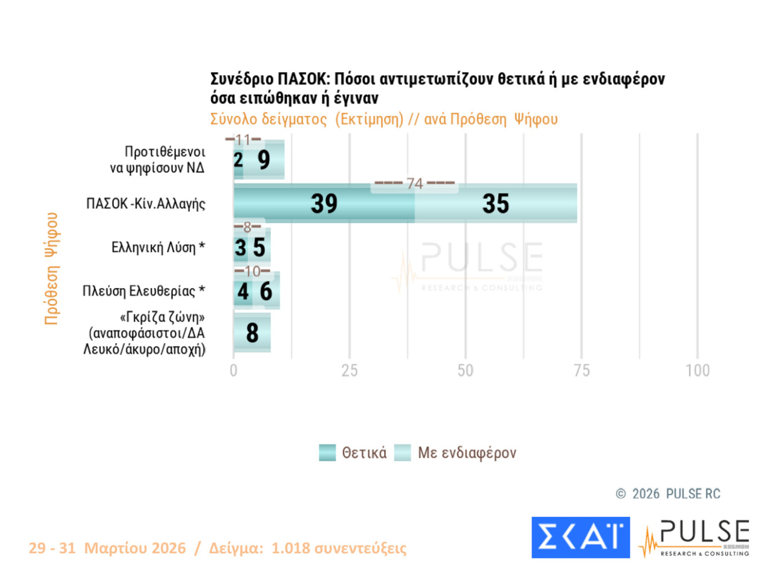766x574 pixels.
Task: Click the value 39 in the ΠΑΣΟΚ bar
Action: [x=324, y=204]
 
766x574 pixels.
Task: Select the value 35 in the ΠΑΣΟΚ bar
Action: [x=496, y=204]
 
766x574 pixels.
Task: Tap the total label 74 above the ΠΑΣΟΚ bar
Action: [x=415, y=183]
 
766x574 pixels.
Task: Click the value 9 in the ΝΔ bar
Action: [x=264, y=160]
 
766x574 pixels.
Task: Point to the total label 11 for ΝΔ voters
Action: [x=243, y=140]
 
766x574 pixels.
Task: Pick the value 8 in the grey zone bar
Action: [x=252, y=333]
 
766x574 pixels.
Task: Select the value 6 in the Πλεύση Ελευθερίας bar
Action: [x=266, y=292]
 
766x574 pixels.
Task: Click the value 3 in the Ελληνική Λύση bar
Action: [x=241, y=248]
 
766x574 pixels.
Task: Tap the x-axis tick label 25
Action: [x=349, y=371]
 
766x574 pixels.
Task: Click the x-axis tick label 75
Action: [x=581, y=371]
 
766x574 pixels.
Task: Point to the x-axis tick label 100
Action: [x=697, y=371]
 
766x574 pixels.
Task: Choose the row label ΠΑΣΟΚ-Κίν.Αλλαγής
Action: [x=145, y=204]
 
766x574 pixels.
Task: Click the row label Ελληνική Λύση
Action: [x=158, y=248]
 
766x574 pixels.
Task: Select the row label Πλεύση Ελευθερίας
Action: [x=144, y=291]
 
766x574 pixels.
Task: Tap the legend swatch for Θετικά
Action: [x=327, y=452]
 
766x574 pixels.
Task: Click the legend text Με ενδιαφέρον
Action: [x=466, y=453]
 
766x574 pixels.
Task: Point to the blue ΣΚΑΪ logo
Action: [x=580, y=537]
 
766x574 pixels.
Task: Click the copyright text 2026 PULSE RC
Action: [x=675, y=494]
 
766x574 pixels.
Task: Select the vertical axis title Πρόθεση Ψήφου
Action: [x=52, y=268]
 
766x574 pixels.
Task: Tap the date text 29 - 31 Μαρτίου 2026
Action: [x=107, y=548]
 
